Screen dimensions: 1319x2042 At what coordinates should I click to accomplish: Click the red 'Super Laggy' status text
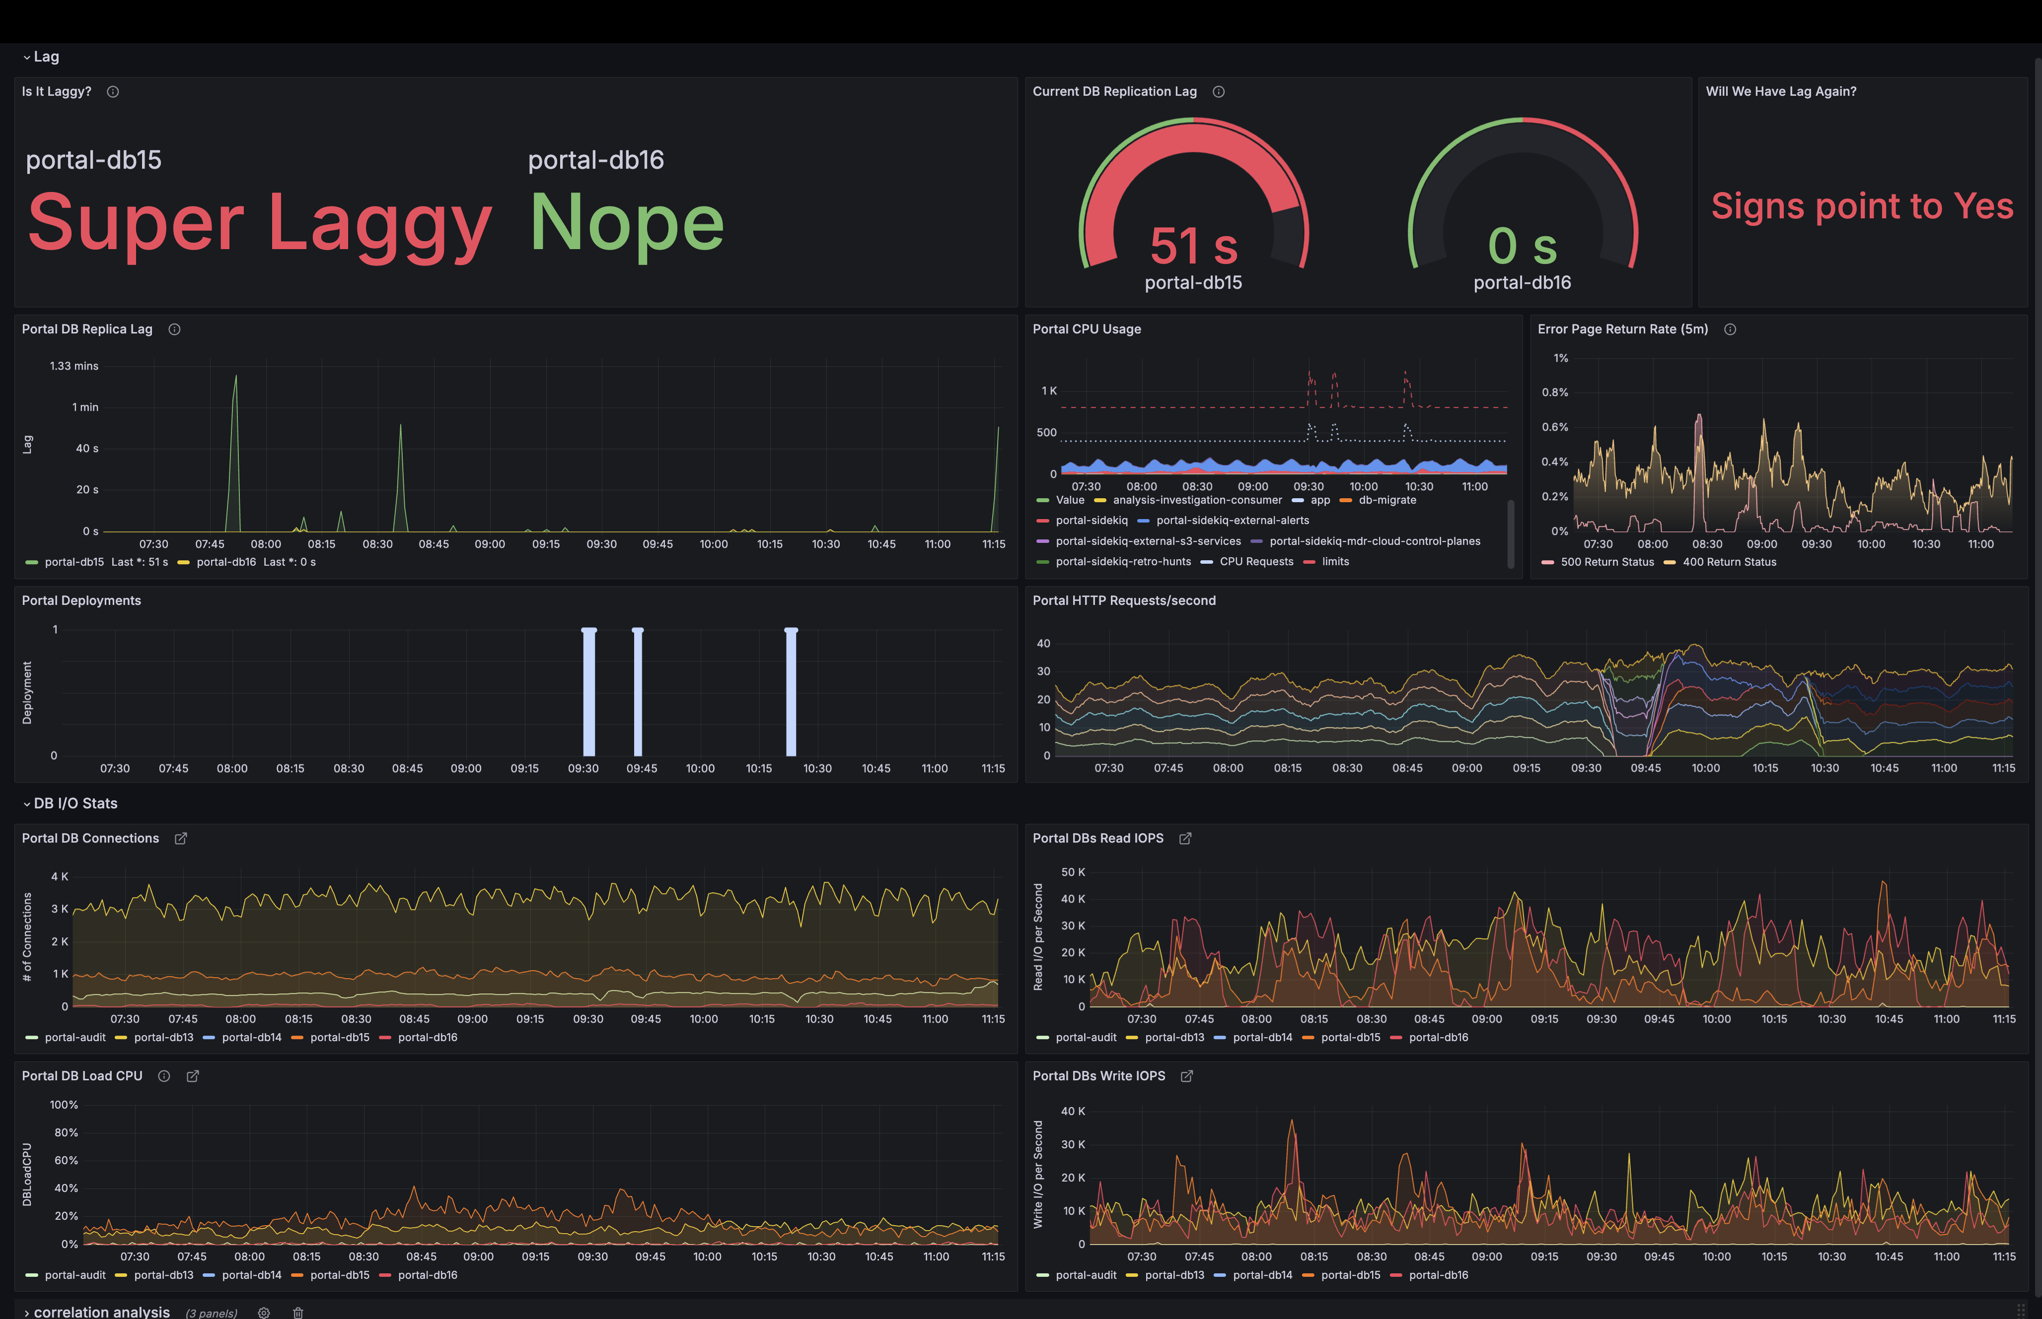pyautogui.click(x=260, y=223)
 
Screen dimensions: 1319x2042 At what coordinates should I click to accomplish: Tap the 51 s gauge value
pyautogui.click(x=1194, y=247)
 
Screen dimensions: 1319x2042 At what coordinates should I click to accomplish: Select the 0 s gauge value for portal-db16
pyautogui.click(x=1522, y=247)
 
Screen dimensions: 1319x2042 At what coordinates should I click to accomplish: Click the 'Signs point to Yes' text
pyautogui.click(x=1862, y=206)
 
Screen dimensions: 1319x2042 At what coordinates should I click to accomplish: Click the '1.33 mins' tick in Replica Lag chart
pyautogui.click(x=74, y=366)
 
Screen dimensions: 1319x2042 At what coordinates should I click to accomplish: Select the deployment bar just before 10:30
pyautogui.click(x=791, y=692)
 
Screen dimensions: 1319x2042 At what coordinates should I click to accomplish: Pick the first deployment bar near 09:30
pyautogui.click(x=588, y=692)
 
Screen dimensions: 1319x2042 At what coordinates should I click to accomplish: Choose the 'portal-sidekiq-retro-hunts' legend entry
pyautogui.click(x=1122, y=562)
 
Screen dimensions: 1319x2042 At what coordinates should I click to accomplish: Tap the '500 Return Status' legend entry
pyautogui.click(x=1606, y=562)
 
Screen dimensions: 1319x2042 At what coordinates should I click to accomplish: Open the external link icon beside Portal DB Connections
pyautogui.click(x=181, y=839)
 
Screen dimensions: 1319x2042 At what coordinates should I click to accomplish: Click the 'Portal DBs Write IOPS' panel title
pyautogui.click(x=1098, y=1076)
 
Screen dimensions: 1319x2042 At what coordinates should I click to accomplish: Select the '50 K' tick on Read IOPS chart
pyautogui.click(x=1073, y=872)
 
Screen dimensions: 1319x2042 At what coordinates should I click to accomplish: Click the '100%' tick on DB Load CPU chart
pyautogui.click(x=64, y=1105)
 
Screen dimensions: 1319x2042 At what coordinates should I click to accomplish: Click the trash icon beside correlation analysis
pyautogui.click(x=298, y=1312)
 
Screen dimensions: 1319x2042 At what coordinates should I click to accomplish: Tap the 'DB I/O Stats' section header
pyautogui.click(x=75, y=803)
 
